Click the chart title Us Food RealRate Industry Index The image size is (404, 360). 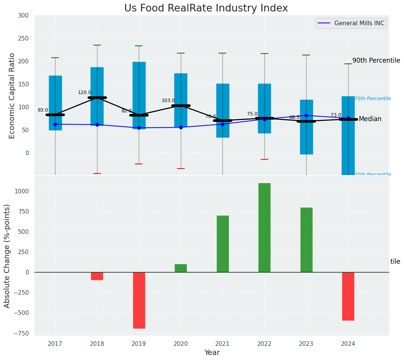click(x=206, y=8)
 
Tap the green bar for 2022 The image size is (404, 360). click(x=264, y=227)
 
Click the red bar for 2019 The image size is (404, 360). click(x=139, y=300)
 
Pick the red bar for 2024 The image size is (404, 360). click(x=348, y=296)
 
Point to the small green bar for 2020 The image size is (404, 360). click(x=181, y=268)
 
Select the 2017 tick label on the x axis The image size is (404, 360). click(x=55, y=344)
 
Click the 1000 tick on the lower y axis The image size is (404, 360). click(x=21, y=191)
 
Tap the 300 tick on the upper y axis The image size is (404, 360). click(x=23, y=16)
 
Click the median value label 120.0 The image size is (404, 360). click(x=84, y=92)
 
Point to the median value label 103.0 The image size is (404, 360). click(x=168, y=101)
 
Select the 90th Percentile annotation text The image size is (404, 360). click(x=376, y=61)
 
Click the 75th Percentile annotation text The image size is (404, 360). click(x=373, y=99)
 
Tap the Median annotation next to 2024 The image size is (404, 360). click(x=370, y=119)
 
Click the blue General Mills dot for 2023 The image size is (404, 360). click(x=306, y=115)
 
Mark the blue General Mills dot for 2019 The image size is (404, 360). click(x=139, y=128)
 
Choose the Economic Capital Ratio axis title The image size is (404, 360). click(x=12, y=96)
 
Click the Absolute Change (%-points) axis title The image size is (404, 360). click(x=7, y=256)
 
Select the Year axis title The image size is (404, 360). click(x=212, y=353)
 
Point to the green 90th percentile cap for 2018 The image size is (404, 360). click(x=97, y=45)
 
